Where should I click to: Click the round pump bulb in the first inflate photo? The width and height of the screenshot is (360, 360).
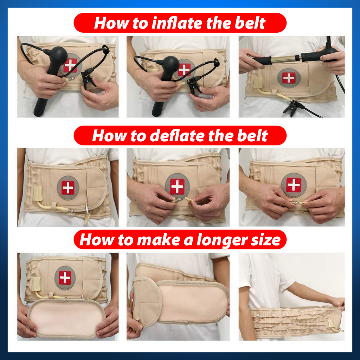point(58,55)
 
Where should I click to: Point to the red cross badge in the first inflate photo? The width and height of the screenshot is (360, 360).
point(70,65)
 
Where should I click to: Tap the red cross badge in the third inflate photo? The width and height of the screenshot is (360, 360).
point(289,78)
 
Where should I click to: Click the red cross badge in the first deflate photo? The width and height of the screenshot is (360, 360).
point(68,188)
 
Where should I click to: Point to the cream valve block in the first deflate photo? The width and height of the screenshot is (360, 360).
point(38,194)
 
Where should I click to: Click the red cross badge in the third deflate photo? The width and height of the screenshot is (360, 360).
point(294,185)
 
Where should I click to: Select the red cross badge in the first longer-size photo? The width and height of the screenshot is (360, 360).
point(65,278)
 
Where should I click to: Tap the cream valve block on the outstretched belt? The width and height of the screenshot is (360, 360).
point(331,323)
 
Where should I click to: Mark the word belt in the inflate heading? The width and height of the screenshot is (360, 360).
point(250,23)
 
